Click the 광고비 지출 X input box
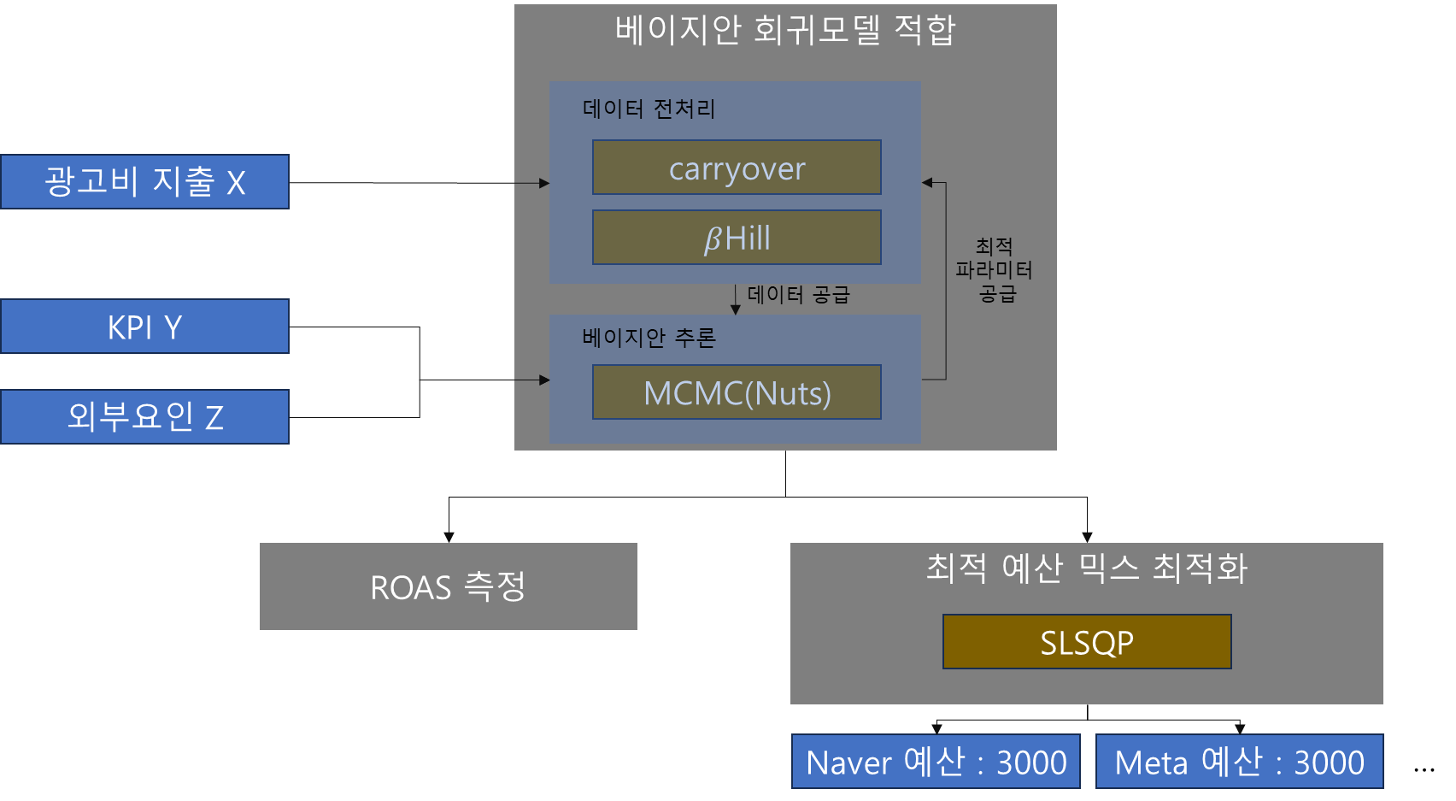[144, 181]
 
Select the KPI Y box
[144, 327]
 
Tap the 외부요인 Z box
[144, 417]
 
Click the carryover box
[737, 168]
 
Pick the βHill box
[737, 238]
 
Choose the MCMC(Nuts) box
[737, 392]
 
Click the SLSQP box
[1087, 642]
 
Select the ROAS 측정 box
[448, 586]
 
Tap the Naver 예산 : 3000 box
[936, 761]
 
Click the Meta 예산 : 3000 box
[1239, 761]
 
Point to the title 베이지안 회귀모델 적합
[785, 30]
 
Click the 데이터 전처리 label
[649, 109]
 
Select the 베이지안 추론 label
[649, 338]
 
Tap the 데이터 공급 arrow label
[799, 295]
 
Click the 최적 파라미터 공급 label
[995, 270]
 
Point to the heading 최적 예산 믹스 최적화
[1087, 568]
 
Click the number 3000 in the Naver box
[1031, 762]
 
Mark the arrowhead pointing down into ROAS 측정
[449, 536]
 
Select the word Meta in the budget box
[1151, 763]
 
